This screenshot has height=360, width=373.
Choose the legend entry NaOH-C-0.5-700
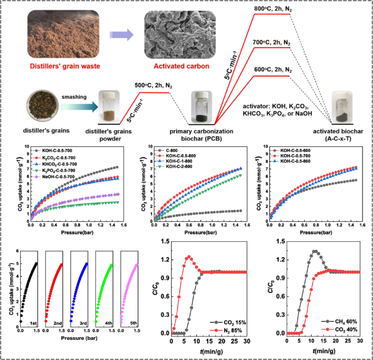63,177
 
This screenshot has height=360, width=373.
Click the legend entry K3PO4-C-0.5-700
63,169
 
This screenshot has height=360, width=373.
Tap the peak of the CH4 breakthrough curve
314,251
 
